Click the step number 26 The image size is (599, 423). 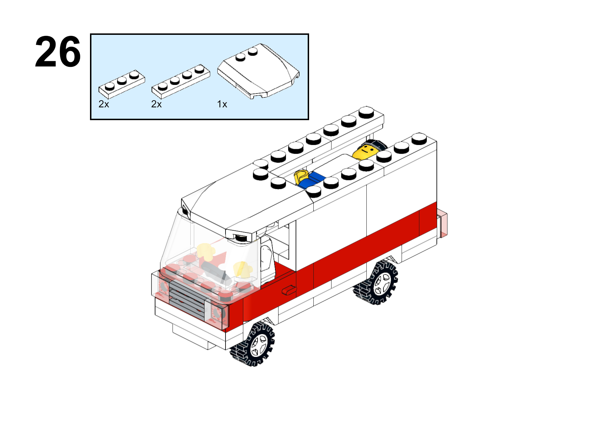click(58, 52)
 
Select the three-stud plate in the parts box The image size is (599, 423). click(122, 84)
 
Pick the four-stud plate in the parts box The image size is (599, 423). click(181, 81)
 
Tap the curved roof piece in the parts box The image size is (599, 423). click(258, 71)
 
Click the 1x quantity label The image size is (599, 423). click(222, 104)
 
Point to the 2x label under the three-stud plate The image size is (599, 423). click(104, 104)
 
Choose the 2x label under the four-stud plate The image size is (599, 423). click(157, 104)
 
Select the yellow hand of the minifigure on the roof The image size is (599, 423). click(301, 177)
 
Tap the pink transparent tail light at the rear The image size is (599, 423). click(442, 224)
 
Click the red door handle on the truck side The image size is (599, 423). click(289, 290)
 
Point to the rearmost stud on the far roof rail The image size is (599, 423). click(366, 112)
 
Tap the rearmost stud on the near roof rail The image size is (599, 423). click(419, 139)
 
